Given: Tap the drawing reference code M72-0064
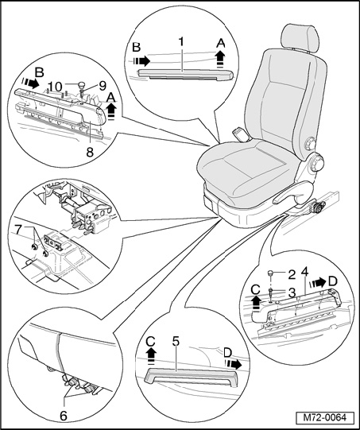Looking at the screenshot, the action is tap(325, 417).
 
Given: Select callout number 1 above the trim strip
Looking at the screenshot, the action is tap(181, 42).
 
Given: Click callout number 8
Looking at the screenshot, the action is tap(90, 151).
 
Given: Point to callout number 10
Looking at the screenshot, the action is tap(56, 87).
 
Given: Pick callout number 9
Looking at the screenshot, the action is tap(103, 86).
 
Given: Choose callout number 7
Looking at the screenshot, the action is tap(17, 230).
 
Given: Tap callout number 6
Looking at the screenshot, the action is tap(64, 416).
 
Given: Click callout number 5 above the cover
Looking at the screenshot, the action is tap(176, 341).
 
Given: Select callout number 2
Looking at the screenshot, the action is tap(292, 274).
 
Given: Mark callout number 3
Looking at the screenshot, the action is tap(292, 292).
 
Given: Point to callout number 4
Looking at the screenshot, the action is tap(304, 273).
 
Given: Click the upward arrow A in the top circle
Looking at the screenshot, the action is tap(220, 60).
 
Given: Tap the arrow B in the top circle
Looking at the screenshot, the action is tap(141, 60).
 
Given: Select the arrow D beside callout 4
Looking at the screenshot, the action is tap(318, 282).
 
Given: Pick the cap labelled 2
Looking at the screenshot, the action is tap(271, 273).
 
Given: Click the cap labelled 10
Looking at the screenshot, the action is tap(82, 84).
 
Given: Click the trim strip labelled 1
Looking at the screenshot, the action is tap(186, 74).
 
